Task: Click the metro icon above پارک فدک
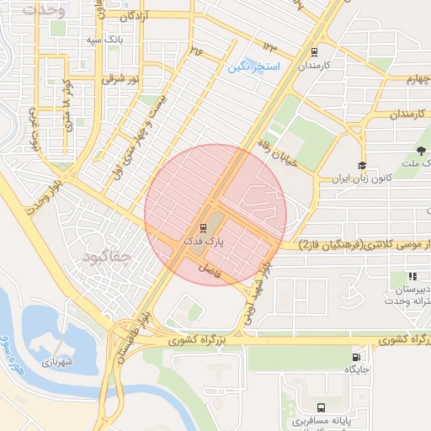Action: (x=202, y=226)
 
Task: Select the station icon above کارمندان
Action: (x=315, y=51)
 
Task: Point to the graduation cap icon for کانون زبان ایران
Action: (x=362, y=166)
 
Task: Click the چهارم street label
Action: (x=402, y=78)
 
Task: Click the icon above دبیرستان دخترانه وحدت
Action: (x=412, y=277)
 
